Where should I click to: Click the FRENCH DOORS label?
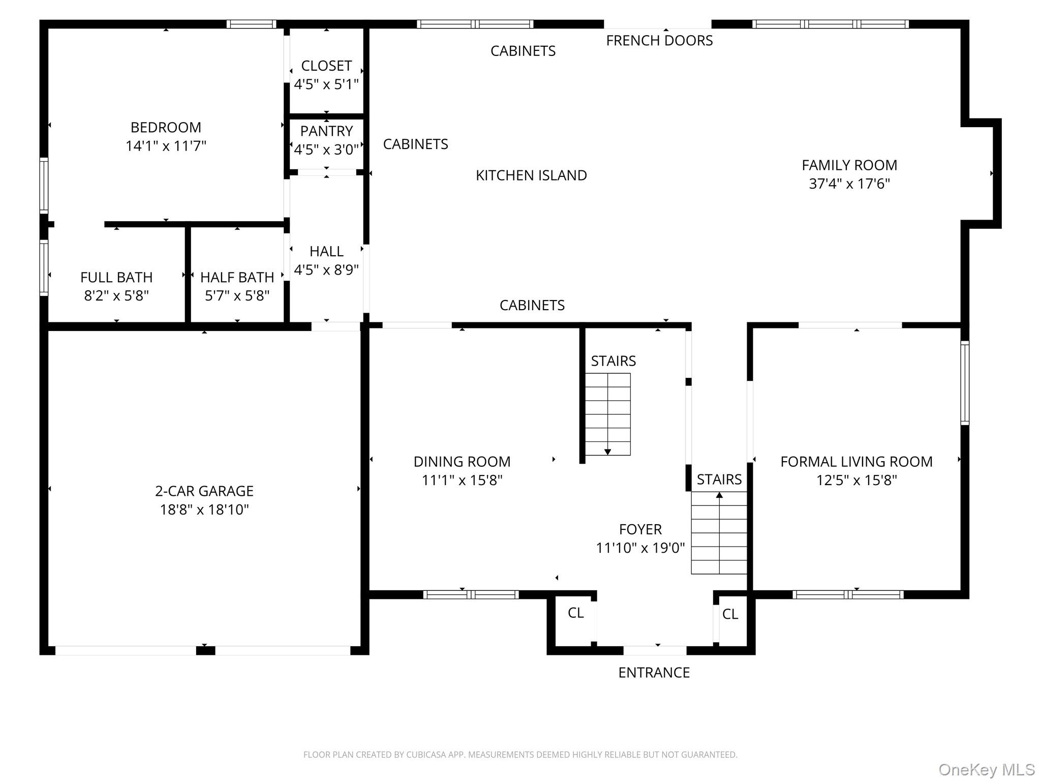(659, 41)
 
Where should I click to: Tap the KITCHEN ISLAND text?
(531, 175)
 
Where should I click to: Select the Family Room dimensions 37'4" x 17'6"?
(849, 184)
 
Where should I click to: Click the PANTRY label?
(326, 131)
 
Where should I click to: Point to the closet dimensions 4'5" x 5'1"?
(326, 84)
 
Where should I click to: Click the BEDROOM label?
(166, 127)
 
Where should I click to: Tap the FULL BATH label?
(116, 277)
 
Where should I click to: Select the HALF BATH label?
(237, 277)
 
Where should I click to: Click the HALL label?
(326, 251)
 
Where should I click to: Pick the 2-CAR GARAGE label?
(204, 491)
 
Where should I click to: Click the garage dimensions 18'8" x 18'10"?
(204, 509)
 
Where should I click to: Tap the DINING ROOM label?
(462, 462)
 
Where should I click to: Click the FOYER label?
(640, 529)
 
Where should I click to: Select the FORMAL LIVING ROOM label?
(856, 462)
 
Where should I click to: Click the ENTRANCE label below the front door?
(654, 673)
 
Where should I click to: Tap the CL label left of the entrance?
(575, 613)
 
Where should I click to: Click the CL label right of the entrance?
(730, 614)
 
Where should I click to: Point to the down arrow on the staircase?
(607, 452)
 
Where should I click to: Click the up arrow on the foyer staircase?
(719, 495)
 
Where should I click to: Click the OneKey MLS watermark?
(986, 770)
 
